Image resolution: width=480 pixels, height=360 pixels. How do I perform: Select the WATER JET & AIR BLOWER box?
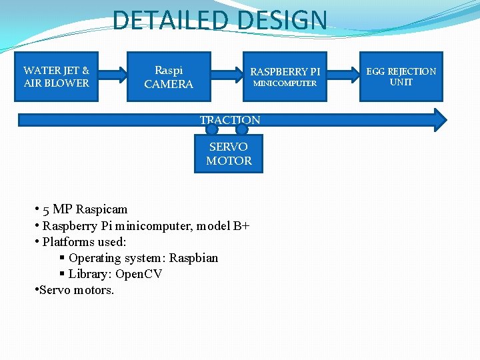(x=57, y=77)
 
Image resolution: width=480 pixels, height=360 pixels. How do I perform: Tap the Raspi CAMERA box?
(x=169, y=77)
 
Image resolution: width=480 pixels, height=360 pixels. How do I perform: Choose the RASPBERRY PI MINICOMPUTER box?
(x=285, y=77)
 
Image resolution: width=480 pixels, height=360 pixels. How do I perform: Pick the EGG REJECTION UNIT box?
(x=401, y=77)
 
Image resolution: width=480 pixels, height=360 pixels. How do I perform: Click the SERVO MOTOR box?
(x=229, y=154)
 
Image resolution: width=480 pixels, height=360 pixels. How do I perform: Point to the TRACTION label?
(x=230, y=120)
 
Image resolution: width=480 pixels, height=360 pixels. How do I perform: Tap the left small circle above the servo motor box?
(x=211, y=129)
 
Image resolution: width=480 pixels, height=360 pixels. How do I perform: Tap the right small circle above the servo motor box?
(x=242, y=129)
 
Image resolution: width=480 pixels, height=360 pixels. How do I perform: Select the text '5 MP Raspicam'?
(x=85, y=209)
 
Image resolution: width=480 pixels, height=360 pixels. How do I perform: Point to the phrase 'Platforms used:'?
(x=85, y=241)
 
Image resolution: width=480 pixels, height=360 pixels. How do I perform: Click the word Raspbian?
(x=193, y=258)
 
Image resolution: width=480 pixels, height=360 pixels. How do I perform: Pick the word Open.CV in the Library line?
(x=139, y=274)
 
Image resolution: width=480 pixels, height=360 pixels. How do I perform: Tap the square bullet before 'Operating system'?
(x=61, y=258)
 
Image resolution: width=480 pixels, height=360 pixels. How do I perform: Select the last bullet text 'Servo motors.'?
(x=77, y=290)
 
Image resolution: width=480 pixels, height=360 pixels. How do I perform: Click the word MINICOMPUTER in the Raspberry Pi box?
(x=285, y=83)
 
